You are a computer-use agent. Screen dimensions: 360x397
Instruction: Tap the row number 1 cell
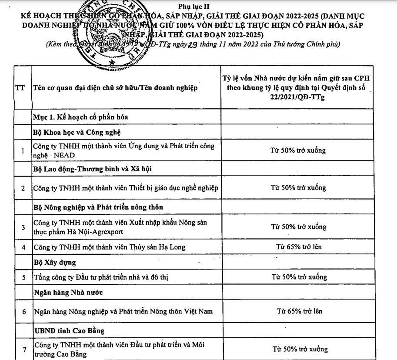coord(23,150)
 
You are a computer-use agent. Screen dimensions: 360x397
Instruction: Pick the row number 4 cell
coord(23,247)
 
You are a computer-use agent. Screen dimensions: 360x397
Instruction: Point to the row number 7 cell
coord(23,349)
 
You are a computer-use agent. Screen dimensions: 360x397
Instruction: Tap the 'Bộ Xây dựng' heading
coord(55,262)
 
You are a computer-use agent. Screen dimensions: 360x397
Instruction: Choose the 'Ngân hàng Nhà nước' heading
coord(68,292)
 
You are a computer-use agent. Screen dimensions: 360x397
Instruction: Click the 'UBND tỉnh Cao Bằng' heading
coord(69,330)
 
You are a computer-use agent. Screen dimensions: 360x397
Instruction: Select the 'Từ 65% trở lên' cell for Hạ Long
coord(299,247)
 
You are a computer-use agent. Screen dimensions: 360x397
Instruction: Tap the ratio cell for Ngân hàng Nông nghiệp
coord(299,311)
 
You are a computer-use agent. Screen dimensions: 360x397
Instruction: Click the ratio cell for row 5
coord(299,277)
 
